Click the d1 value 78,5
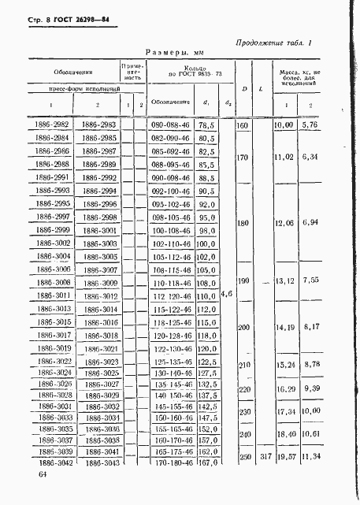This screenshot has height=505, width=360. click(207, 125)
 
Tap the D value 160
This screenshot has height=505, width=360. click(243, 125)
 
